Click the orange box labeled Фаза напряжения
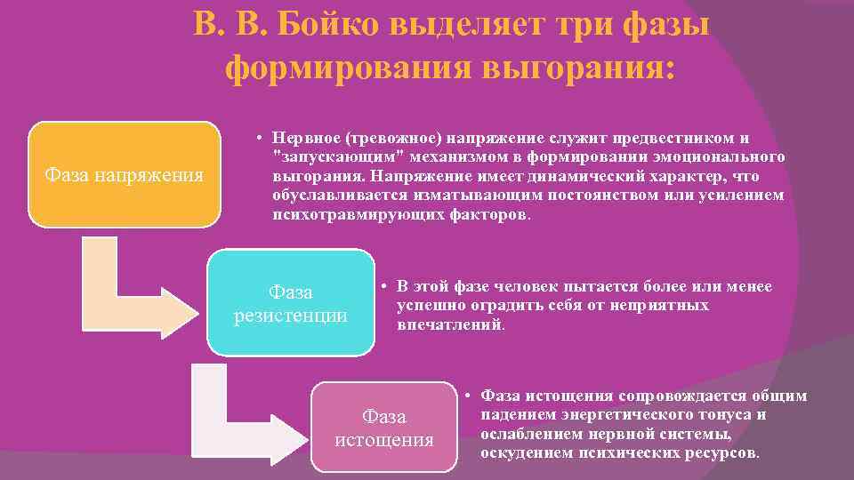pyautogui.click(x=125, y=174)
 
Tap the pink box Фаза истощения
pyautogui.click(x=383, y=427)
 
